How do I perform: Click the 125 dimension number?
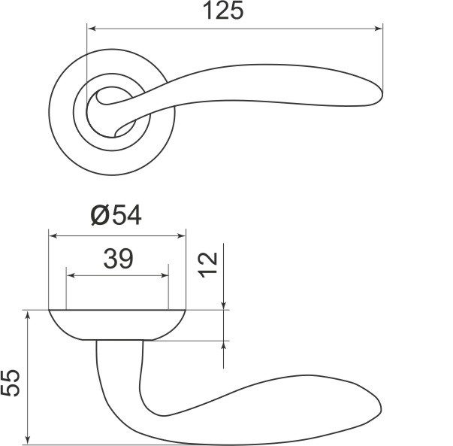[223, 11]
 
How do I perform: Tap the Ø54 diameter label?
[116, 215]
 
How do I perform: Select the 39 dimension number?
[119, 258]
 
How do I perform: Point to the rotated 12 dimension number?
[207, 265]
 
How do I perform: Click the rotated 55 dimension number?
[10, 382]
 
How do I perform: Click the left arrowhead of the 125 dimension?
[92, 29]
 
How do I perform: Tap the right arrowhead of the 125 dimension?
[378, 29]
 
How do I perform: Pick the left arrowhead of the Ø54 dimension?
[53, 236]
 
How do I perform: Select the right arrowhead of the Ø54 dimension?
[182, 236]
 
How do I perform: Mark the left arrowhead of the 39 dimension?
[71, 275]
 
